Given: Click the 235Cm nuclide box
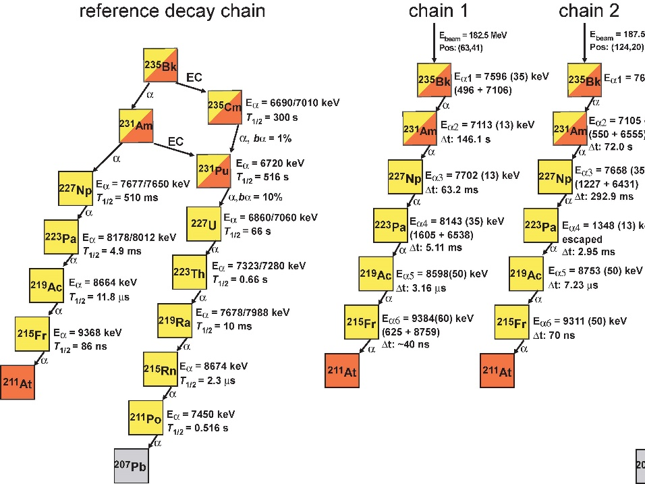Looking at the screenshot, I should [225, 107].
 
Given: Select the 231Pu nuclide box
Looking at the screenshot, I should [214, 171].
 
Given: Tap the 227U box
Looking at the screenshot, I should [203, 223].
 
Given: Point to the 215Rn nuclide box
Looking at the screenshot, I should [161, 368].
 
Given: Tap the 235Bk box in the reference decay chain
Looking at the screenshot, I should [161, 66].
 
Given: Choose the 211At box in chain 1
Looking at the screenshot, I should [342, 371].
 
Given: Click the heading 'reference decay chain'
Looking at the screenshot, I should [172, 11].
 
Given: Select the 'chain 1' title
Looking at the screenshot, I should [438, 11].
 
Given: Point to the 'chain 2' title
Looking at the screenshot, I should [588, 11].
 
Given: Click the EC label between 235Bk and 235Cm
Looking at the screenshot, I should [194, 78].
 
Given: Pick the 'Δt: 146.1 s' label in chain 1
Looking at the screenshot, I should [466, 139].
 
